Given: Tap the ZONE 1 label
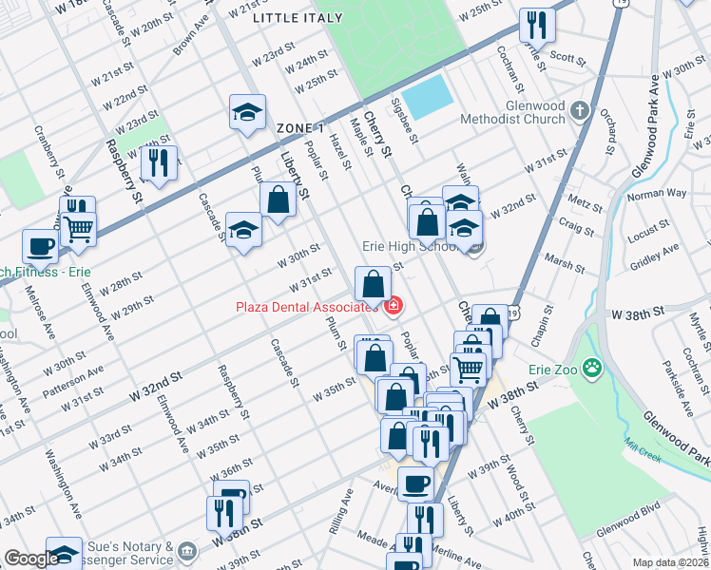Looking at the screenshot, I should (300, 127).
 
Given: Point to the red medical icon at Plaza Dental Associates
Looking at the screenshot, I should (394, 306).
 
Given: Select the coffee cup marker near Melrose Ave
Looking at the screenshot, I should (40, 246).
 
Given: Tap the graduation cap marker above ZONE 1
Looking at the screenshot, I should (247, 112).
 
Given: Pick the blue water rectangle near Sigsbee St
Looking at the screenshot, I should (428, 95).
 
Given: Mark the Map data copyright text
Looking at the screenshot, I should (670, 562).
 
